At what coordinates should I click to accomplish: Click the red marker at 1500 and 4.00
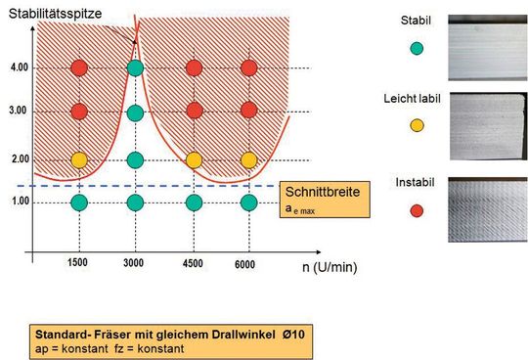click(80, 67)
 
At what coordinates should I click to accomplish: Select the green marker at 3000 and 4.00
click(136, 67)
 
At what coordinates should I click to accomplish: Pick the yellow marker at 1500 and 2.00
click(80, 159)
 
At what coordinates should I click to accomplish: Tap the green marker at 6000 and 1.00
click(248, 202)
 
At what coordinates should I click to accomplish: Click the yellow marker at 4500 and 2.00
click(194, 159)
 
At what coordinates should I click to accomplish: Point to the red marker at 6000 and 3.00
click(248, 112)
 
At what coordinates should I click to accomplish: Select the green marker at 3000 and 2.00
click(136, 159)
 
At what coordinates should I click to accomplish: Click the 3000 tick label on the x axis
click(136, 265)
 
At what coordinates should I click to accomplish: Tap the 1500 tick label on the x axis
click(80, 265)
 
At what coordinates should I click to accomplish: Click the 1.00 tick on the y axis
click(20, 202)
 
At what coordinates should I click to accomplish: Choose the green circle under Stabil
click(417, 48)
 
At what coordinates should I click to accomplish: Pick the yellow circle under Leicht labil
click(417, 124)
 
